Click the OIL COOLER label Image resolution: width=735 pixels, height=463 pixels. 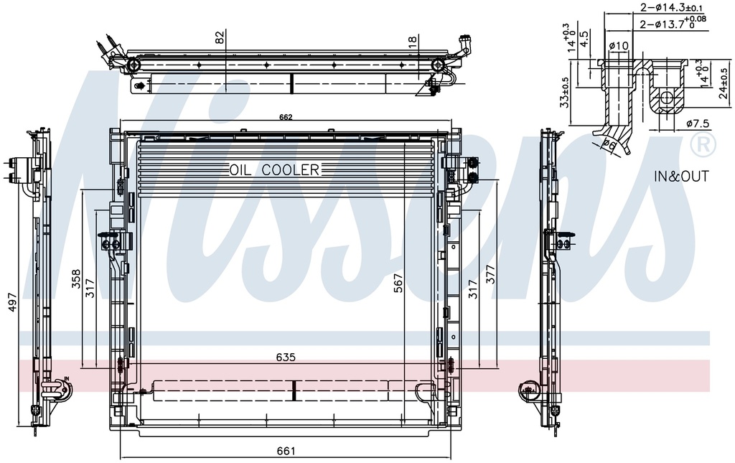pyautogui.click(x=274, y=170)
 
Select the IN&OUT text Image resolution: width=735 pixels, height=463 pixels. pyautogui.click(x=681, y=177)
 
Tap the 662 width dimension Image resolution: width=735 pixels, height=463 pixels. pyautogui.click(x=285, y=117)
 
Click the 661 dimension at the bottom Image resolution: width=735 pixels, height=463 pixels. pyautogui.click(x=286, y=451)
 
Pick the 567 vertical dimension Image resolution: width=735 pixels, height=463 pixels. pyautogui.click(x=398, y=286)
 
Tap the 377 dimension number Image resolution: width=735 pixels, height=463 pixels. pyautogui.click(x=491, y=273)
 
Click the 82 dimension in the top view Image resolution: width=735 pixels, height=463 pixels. pyautogui.click(x=220, y=37)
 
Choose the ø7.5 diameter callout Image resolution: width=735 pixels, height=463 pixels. pyautogui.click(x=697, y=123)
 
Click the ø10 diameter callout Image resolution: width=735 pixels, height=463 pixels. pyautogui.click(x=618, y=47)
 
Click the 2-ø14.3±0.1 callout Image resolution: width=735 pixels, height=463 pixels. pyautogui.click(x=668, y=7)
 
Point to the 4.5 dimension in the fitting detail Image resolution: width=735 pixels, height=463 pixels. pyautogui.click(x=584, y=37)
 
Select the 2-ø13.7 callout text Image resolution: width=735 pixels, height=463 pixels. pyautogui.click(x=668, y=23)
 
